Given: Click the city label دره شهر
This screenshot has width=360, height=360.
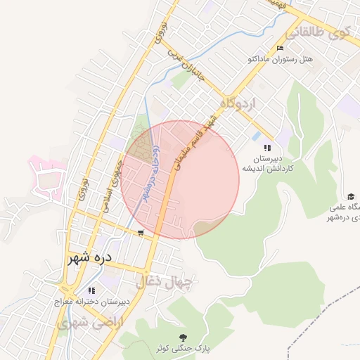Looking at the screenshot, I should (x=89, y=258).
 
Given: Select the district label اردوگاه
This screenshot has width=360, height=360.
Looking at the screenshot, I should (x=238, y=103).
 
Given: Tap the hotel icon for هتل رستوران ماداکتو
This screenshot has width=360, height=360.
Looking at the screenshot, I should (x=281, y=49).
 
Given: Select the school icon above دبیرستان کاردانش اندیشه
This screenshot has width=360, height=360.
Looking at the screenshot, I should (x=266, y=148).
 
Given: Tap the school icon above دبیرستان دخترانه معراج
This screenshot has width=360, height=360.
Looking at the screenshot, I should (x=91, y=290).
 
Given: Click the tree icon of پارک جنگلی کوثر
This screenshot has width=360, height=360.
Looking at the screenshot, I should (x=184, y=337).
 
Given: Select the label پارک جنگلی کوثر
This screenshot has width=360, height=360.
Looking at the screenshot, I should (x=184, y=348).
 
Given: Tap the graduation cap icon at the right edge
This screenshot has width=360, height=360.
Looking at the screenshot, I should (x=350, y=196).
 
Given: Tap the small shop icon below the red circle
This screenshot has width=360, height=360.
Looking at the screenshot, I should (x=141, y=233).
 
